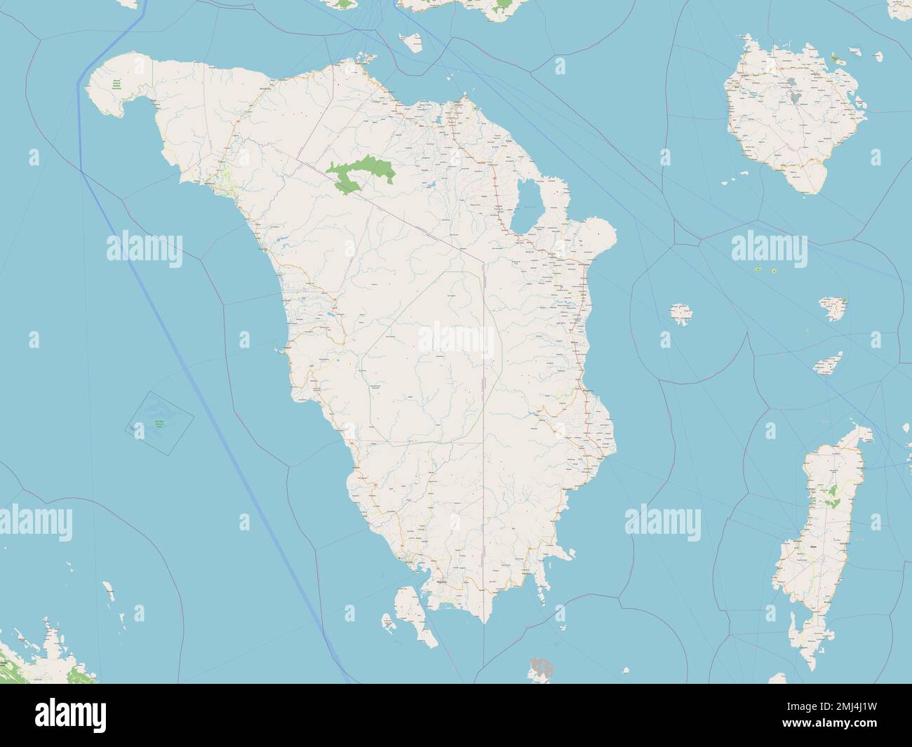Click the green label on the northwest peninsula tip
point(117,86)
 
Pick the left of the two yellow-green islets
point(758,270)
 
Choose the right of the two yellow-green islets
point(773,271)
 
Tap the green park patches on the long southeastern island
point(833,497)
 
